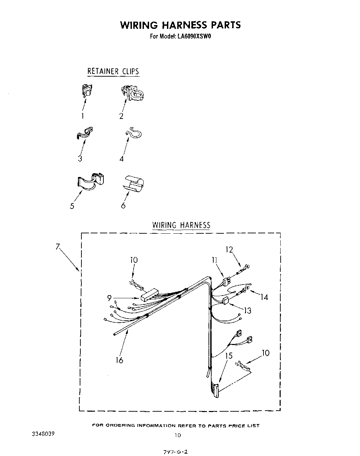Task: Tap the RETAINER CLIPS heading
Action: point(113,71)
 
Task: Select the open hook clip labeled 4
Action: point(133,133)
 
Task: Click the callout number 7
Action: point(57,246)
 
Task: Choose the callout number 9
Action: point(109,298)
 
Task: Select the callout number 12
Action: point(229,250)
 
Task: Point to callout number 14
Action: point(264,297)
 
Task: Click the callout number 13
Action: point(247,311)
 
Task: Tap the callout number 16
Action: point(119,360)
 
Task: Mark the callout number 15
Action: point(229,356)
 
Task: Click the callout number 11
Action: point(215,260)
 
